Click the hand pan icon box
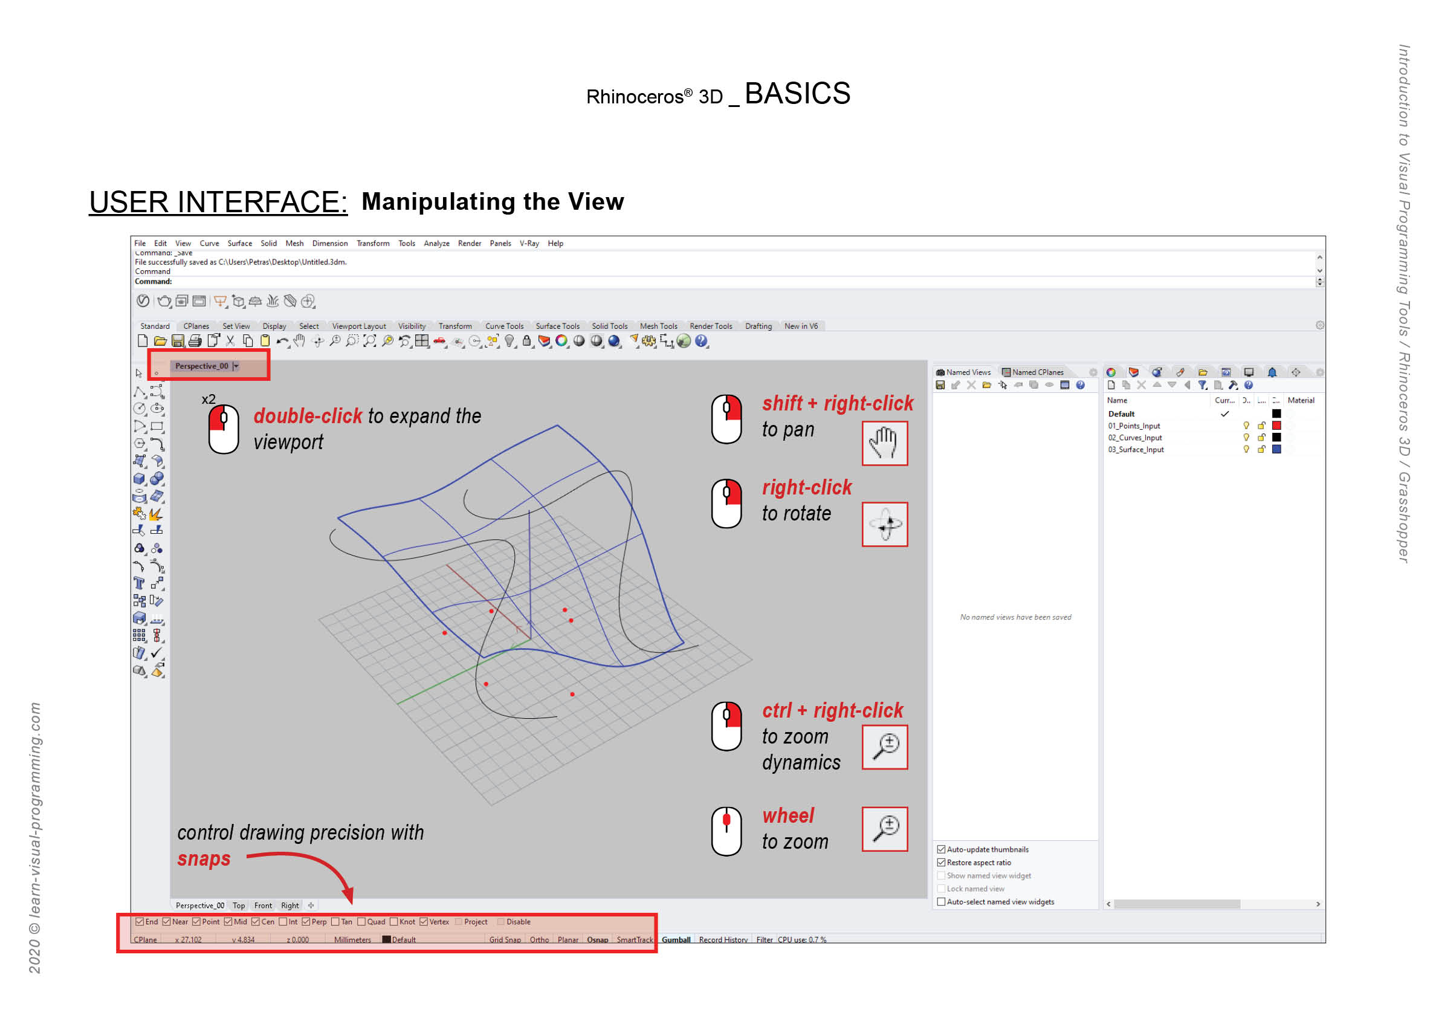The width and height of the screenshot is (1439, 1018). click(x=884, y=443)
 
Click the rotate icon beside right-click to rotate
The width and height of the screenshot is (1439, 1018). click(x=884, y=524)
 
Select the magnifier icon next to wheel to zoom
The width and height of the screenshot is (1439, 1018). click(x=884, y=829)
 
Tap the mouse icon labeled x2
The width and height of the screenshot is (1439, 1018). click(x=223, y=429)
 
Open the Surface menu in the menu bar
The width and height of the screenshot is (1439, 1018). click(x=239, y=243)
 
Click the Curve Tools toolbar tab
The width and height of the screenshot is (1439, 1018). click(x=504, y=326)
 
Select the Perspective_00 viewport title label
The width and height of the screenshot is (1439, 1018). click(x=201, y=366)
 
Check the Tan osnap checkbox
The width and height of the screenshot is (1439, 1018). click(x=335, y=921)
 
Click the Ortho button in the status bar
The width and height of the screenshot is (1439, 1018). click(x=539, y=939)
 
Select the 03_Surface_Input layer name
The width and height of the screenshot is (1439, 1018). click(x=1136, y=449)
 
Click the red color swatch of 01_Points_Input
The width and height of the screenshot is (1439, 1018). click(x=1276, y=426)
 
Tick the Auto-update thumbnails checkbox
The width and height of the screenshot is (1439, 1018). click(x=941, y=849)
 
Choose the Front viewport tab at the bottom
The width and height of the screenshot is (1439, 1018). click(x=263, y=906)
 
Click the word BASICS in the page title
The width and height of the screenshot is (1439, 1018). click(x=797, y=94)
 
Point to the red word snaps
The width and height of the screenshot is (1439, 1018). click(x=204, y=859)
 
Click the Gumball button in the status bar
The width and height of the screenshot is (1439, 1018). click(x=676, y=939)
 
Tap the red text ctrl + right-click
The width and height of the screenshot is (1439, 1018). click(x=832, y=710)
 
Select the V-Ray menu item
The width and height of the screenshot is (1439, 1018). click(x=529, y=243)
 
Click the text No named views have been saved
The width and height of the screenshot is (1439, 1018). click(x=1015, y=617)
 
